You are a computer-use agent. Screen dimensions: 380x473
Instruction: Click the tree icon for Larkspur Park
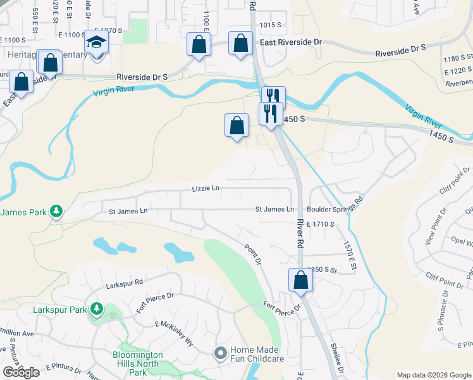(x=96, y=309)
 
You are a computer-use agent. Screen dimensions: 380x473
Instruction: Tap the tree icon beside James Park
(x=56, y=211)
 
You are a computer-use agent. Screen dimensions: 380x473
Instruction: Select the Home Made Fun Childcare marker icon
(x=221, y=353)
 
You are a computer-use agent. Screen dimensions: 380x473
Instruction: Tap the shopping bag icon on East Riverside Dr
(x=240, y=44)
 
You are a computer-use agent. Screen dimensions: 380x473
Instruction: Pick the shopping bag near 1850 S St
(x=301, y=279)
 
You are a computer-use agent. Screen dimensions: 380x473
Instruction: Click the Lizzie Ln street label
(x=206, y=188)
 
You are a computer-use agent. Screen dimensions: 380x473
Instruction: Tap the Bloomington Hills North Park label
(x=129, y=360)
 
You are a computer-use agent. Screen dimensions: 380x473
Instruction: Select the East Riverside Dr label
(x=291, y=42)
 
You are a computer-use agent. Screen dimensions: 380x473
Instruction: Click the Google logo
(x=21, y=372)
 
